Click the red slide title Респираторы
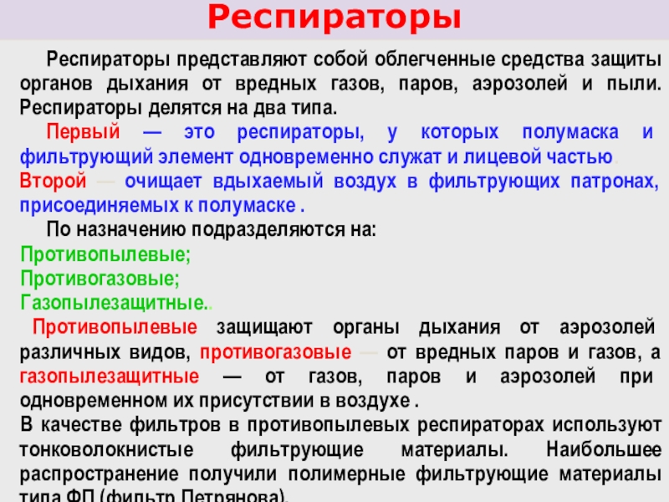coord(334,18)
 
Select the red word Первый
coord(84,133)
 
